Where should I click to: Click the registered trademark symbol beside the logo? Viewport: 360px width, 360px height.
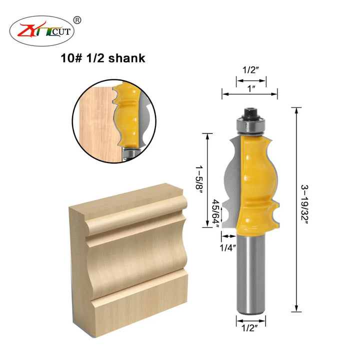click(77, 20)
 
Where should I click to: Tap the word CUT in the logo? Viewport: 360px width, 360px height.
click(61, 31)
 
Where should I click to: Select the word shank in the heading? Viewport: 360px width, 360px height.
click(126, 58)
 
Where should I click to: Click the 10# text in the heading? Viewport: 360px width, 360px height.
click(71, 58)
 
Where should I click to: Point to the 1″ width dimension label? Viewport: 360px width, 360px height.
click(251, 88)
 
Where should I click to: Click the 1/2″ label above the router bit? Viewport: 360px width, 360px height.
click(250, 70)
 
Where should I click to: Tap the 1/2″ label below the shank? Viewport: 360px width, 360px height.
click(250, 328)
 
